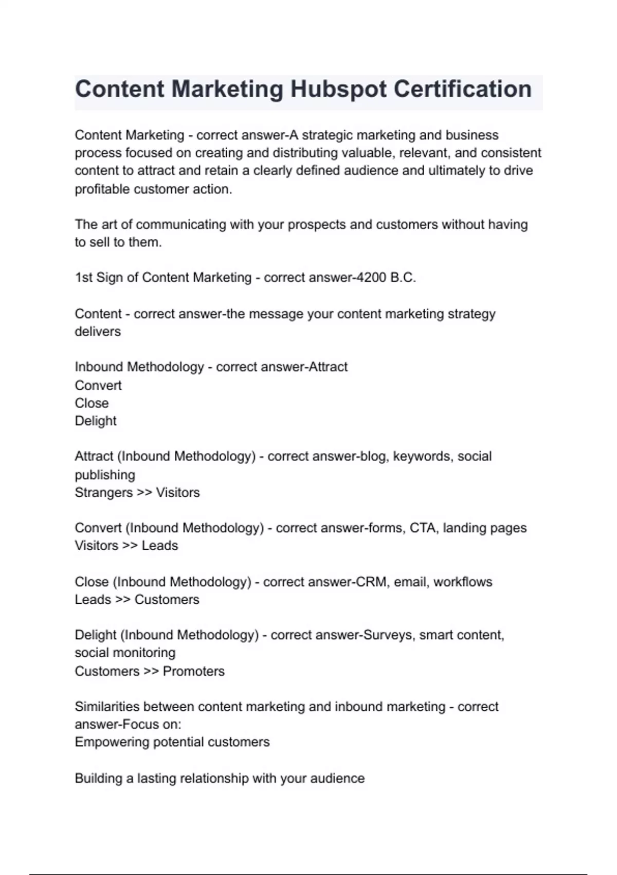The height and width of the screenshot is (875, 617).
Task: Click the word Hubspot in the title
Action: pos(338,90)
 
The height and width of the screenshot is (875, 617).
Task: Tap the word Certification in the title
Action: pos(463,90)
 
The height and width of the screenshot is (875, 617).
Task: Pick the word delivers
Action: pos(98,331)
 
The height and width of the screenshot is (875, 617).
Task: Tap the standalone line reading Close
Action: pos(92,403)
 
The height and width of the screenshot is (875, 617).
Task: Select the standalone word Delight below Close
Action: pos(96,421)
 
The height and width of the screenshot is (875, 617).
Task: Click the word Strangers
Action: pos(103,493)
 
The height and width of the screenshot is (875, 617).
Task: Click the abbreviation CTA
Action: pos(423,528)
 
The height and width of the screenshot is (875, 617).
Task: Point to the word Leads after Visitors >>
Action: pos(160,546)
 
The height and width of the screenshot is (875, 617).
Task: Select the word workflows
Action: pos(463,582)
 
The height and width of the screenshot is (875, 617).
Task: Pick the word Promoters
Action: pos(194,671)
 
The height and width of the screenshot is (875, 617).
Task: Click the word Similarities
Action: pos(107,707)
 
